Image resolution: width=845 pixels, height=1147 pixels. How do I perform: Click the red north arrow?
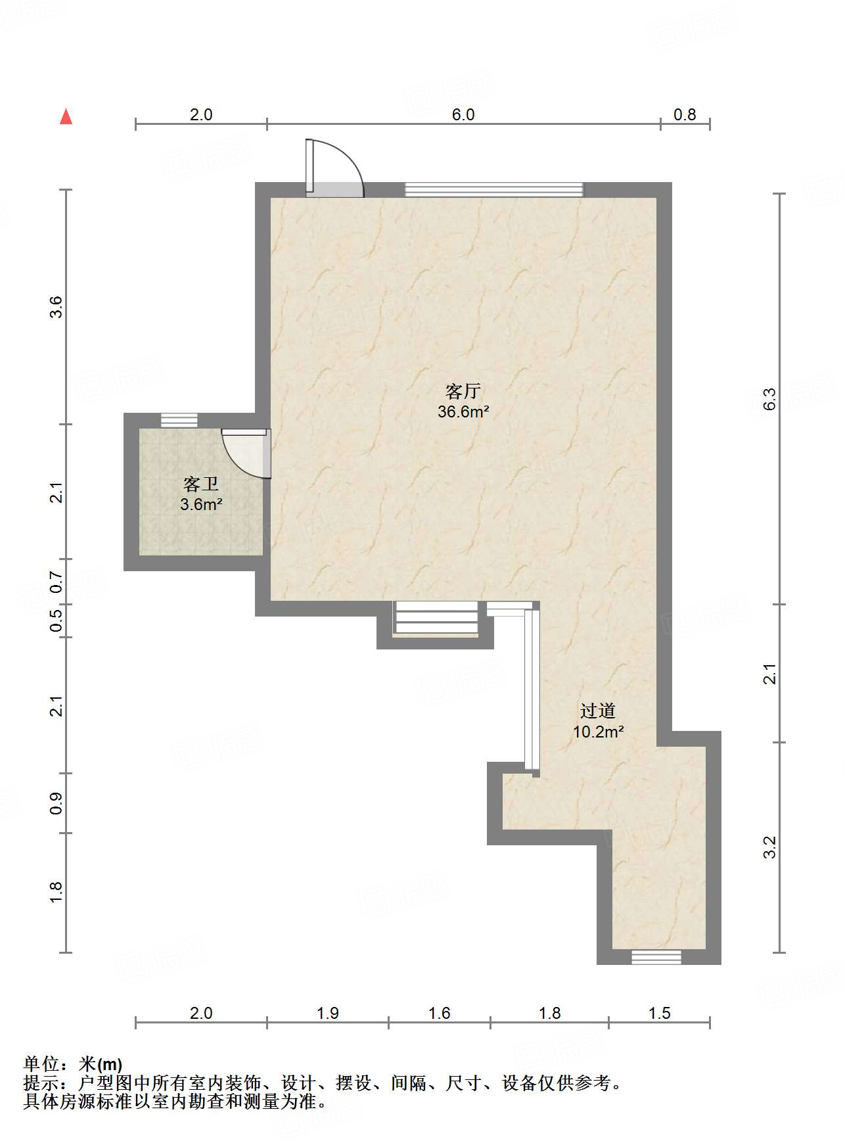(66, 116)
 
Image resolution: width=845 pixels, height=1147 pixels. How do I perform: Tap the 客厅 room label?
(463, 392)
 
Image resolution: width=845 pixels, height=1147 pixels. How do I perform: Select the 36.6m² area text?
(463, 412)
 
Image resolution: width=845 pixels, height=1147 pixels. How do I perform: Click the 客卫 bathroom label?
(200, 485)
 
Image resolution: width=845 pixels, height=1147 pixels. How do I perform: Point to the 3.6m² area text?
(200, 505)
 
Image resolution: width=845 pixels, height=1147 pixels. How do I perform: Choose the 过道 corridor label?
(598, 711)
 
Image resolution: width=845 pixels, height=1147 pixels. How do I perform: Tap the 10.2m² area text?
(598, 731)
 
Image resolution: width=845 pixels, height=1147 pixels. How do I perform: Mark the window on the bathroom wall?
(179, 420)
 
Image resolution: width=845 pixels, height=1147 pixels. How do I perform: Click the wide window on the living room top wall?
(493, 189)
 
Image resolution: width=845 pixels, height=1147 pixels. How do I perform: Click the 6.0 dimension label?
(463, 114)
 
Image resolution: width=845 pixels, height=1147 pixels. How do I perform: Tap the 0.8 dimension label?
(685, 114)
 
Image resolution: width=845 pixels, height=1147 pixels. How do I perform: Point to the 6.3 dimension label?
(770, 399)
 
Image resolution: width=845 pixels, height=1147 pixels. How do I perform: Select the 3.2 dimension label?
(770, 847)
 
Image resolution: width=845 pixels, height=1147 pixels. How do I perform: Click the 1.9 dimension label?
(327, 1013)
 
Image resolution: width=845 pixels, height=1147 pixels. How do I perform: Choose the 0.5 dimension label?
(57, 620)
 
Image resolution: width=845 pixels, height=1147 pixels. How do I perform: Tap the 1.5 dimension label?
(659, 1013)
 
